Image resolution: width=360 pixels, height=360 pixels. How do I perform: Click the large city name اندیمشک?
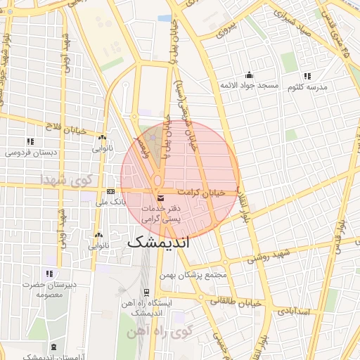[x=160, y=243]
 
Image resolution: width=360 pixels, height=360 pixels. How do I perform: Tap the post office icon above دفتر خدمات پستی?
[x=161, y=197]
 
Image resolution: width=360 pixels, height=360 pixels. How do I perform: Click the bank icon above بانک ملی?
[x=110, y=191]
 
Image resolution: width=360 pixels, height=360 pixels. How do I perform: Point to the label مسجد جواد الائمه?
[x=248, y=86]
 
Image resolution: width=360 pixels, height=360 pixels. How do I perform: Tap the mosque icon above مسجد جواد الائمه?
[x=248, y=75]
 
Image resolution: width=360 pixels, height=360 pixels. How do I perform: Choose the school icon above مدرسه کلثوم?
[x=307, y=75]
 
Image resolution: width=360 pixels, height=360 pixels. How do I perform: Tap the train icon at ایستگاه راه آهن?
[x=146, y=292]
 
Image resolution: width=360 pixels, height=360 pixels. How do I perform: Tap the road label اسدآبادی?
[x=295, y=310]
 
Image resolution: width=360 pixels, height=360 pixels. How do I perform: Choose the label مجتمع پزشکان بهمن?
[x=198, y=275]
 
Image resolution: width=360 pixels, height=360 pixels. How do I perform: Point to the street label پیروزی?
[x=227, y=29]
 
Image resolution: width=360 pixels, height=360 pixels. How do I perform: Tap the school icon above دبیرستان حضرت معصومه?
[x=49, y=273]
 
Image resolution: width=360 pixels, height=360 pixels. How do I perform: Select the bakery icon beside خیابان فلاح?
[x=103, y=139]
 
